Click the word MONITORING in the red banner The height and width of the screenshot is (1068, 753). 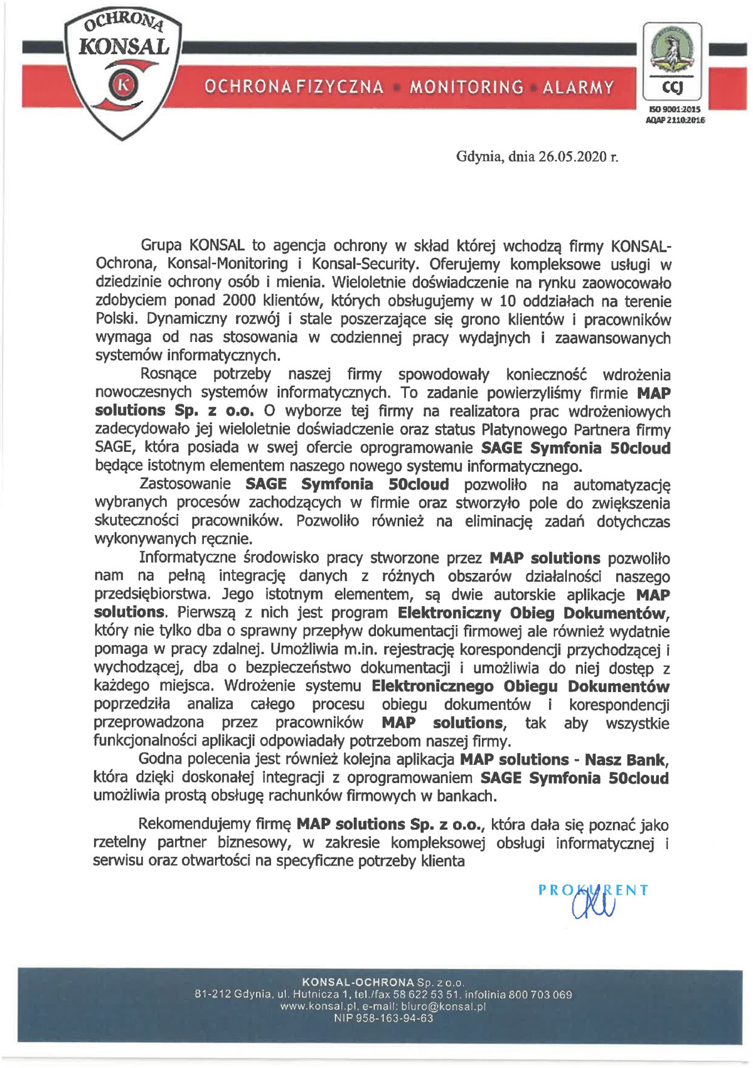pyautogui.click(x=466, y=87)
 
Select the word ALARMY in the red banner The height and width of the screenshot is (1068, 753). pyautogui.click(x=578, y=87)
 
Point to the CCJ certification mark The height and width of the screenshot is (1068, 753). pyautogui.click(x=672, y=88)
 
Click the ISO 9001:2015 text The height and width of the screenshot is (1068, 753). pyautogui.click(x=675, y=109)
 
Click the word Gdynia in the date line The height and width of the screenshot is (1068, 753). pyautogui.click(x=479, y=157)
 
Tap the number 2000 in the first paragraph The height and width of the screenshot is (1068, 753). pyautogui.click(x=240, y=301)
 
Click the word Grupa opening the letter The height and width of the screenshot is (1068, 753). pyautogui.click(x=161, y=245)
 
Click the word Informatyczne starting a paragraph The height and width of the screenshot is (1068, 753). pyautogui.click(x=187, y=558)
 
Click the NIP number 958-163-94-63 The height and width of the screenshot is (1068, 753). pyautogui.click(x=393, y=1018)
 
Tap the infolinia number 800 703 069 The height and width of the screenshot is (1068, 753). pyautogui.click(x=540, y=995)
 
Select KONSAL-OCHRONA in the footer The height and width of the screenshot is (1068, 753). pyautogui.click(x=358, y=983)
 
